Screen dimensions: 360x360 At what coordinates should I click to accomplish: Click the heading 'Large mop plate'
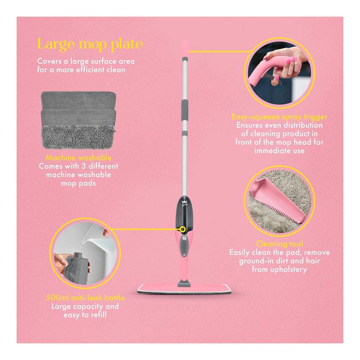(90, 45)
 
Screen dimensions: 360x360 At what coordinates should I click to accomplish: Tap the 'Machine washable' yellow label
(78, 158)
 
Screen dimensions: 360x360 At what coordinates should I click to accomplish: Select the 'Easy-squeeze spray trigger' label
(279, 117)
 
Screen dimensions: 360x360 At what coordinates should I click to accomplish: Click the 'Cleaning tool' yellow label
(279, 243)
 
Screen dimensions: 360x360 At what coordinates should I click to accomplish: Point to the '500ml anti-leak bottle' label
(85, 298)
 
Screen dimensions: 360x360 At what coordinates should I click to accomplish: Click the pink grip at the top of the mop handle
(185, 47)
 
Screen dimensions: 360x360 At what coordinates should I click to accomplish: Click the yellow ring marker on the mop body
(183, 229)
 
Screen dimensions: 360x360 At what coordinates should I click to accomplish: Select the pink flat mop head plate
(184, 288)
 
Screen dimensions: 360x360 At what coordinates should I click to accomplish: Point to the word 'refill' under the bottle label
(99, 315)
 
